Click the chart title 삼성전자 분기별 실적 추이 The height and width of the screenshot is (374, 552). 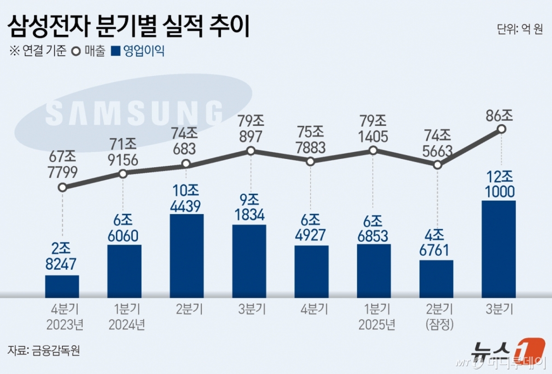128,27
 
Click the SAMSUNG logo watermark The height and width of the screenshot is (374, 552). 134,113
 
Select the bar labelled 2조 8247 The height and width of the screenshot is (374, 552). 62,286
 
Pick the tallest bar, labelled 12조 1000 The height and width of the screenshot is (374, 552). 499,248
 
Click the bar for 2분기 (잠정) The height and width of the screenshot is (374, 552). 436,278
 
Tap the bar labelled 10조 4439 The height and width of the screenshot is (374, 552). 187,255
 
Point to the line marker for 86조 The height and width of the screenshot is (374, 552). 502,130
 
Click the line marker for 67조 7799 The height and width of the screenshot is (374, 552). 63,187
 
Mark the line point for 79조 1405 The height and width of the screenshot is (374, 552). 374,150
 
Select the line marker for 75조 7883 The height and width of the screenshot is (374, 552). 310,162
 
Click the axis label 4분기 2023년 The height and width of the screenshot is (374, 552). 65,317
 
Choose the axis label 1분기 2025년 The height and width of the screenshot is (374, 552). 374,317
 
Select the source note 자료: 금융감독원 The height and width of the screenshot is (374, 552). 44,350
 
